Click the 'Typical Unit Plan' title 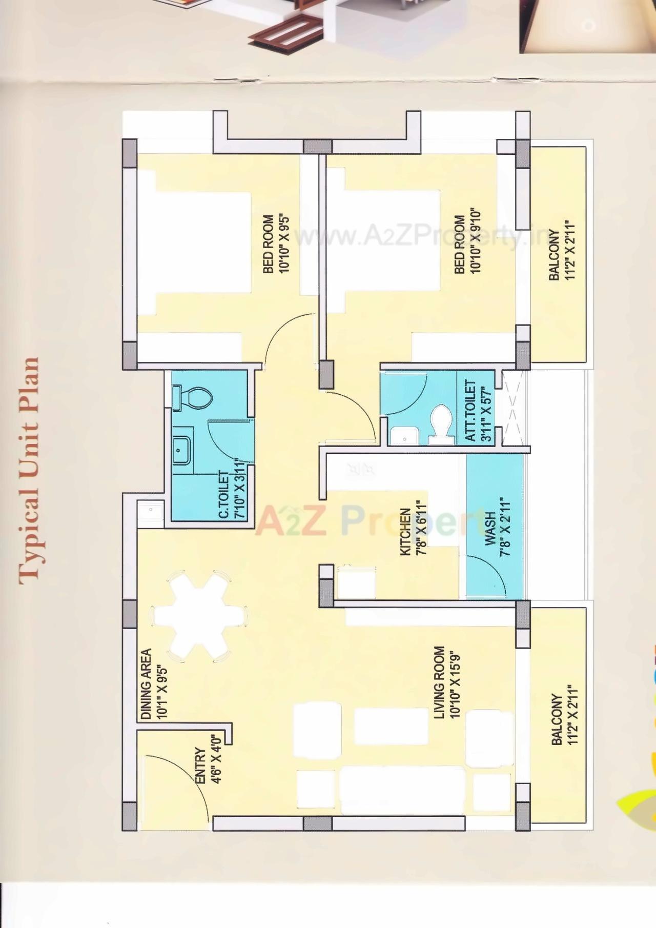click(30, 471)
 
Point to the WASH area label click(497, 528)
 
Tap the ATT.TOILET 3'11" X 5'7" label click(478, 410)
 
